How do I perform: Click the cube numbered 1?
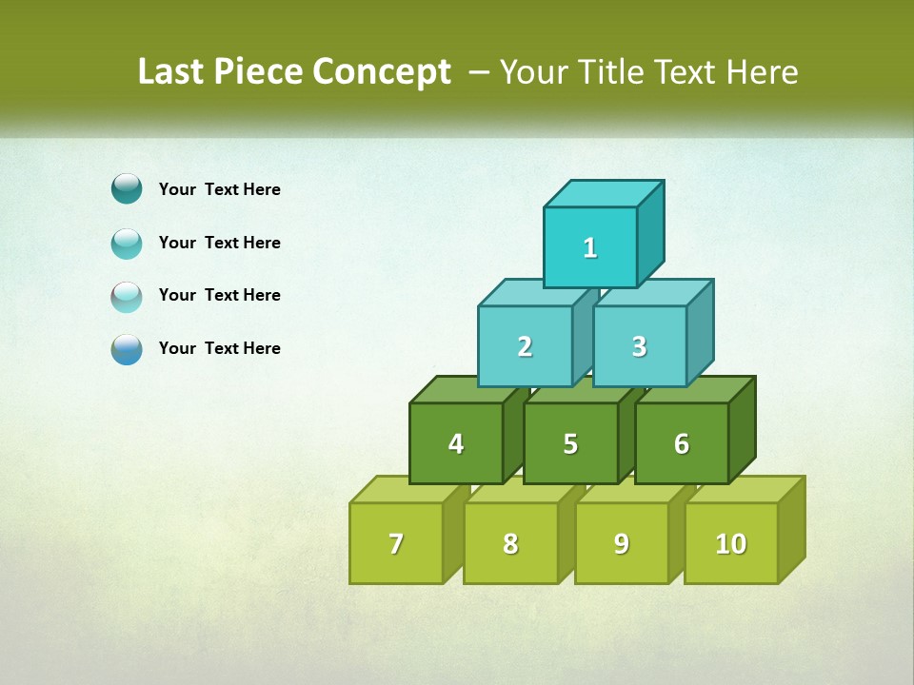[590, 247]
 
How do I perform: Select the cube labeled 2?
[525, 346]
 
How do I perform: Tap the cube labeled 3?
[639, 346]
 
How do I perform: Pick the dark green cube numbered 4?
[456, 443]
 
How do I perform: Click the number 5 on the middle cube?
[570, 443]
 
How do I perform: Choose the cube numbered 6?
[682, 443]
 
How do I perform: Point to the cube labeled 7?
[396, 543]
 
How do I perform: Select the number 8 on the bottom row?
[510, 543]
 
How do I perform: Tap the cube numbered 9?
[622, 543]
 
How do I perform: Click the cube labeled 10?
[731, 543]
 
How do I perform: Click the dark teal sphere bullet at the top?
[127, 188]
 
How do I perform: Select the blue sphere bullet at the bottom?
[127, 349]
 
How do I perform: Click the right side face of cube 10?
[791, 530]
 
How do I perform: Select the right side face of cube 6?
[742, 430]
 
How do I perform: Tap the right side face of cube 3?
[700, 333]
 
